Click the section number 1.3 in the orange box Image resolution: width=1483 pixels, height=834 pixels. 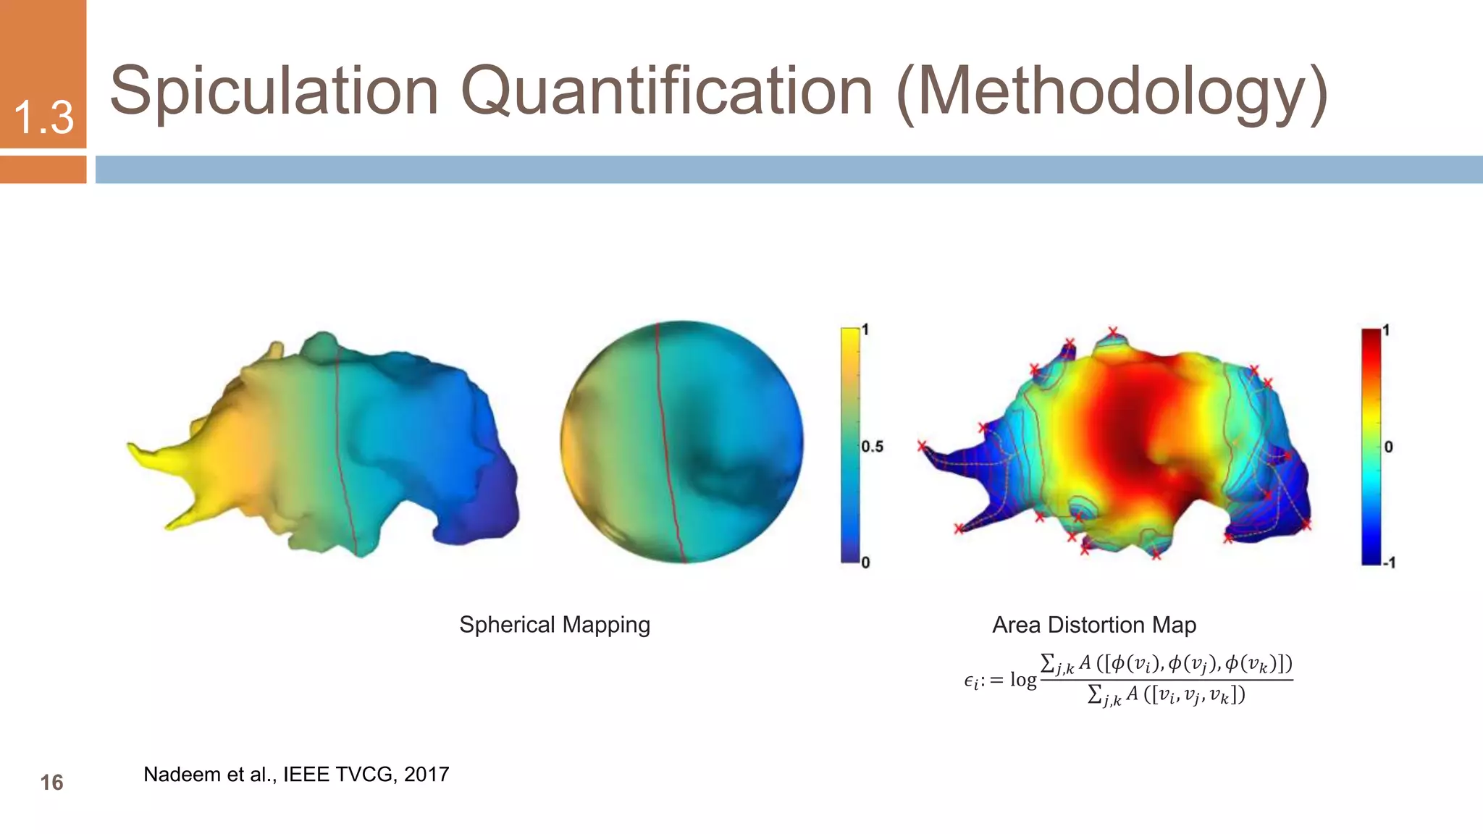tap(43, 117)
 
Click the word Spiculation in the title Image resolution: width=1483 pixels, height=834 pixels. tap(274, 92)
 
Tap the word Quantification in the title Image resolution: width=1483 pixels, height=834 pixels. tap(666, 92)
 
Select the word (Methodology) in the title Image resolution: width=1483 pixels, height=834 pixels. tap(1111, 93)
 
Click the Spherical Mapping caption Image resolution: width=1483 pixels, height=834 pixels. tap(555, 624)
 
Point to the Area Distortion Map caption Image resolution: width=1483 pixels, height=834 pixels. tap(1093, 624)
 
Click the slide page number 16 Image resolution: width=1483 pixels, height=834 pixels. tap(51, 782)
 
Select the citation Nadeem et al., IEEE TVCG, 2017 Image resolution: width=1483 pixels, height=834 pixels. tap(296, 774)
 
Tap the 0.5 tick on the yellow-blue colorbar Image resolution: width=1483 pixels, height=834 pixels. tap(872, 447)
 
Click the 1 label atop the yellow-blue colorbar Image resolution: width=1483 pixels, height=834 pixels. tap(865, 329)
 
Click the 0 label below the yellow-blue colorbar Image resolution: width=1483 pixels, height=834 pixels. tap(865, 563)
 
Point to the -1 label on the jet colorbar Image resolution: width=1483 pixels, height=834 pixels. tap(1389, 563)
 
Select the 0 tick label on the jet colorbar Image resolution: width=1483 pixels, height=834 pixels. tap(1388, 447)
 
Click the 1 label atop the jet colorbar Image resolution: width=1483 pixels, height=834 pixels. tap(1386, 330)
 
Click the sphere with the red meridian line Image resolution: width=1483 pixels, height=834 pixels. tap(681, 442)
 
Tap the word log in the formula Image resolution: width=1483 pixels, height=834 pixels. tap(1023, 680)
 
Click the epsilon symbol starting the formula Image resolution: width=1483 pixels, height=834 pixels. tap(971, 681)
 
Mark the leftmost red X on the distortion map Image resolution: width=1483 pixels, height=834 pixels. tap(922, 446)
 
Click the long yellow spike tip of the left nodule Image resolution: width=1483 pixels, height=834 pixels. tap(134, 447)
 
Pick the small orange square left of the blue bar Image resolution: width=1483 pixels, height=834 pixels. tap(43, 169)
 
